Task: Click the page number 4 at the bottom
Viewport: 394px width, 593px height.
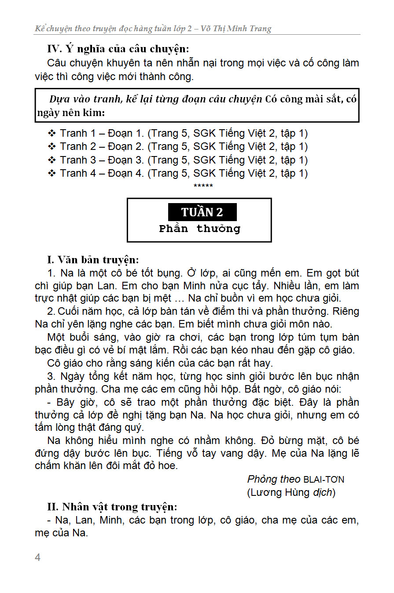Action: [37, 557]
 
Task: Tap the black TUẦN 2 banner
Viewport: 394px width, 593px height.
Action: [202, 212]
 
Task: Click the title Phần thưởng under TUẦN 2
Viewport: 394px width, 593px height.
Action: [199, 229]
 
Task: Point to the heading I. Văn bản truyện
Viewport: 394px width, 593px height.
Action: [93, 259]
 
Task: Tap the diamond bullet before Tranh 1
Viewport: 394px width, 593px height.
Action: [52, 133]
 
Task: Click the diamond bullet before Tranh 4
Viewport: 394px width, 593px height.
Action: [52, 173]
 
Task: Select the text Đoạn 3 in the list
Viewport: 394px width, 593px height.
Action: [125, 160]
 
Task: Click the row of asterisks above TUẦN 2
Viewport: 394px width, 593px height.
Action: [203, 186]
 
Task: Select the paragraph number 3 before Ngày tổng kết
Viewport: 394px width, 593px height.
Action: [51, 376]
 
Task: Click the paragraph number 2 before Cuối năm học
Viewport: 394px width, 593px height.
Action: [51, 312]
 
